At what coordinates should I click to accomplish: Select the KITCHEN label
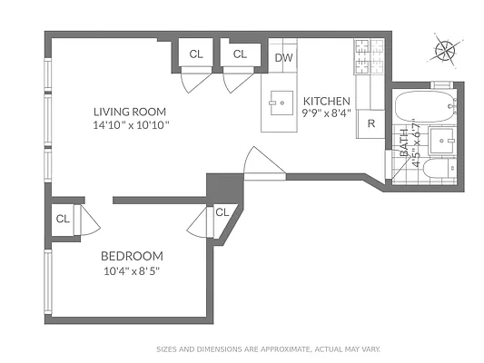tap(326, 101)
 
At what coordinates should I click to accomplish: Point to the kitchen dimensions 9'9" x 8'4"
tap(326, 113)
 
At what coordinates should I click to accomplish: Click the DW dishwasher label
tap(283, 57)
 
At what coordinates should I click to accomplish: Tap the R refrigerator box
tap(371, 123)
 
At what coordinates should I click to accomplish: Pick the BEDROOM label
tap(132, 256)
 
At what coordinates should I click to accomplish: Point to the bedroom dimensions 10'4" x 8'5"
tap(132, 270)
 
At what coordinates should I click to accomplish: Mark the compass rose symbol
tap(444, 50)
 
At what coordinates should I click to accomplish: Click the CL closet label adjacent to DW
tap(240, 54)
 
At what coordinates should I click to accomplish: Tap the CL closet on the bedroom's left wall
tap(63, 219)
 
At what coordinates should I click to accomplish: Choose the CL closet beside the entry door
tap(222, 212)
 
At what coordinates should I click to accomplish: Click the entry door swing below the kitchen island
tap(263, 163)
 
